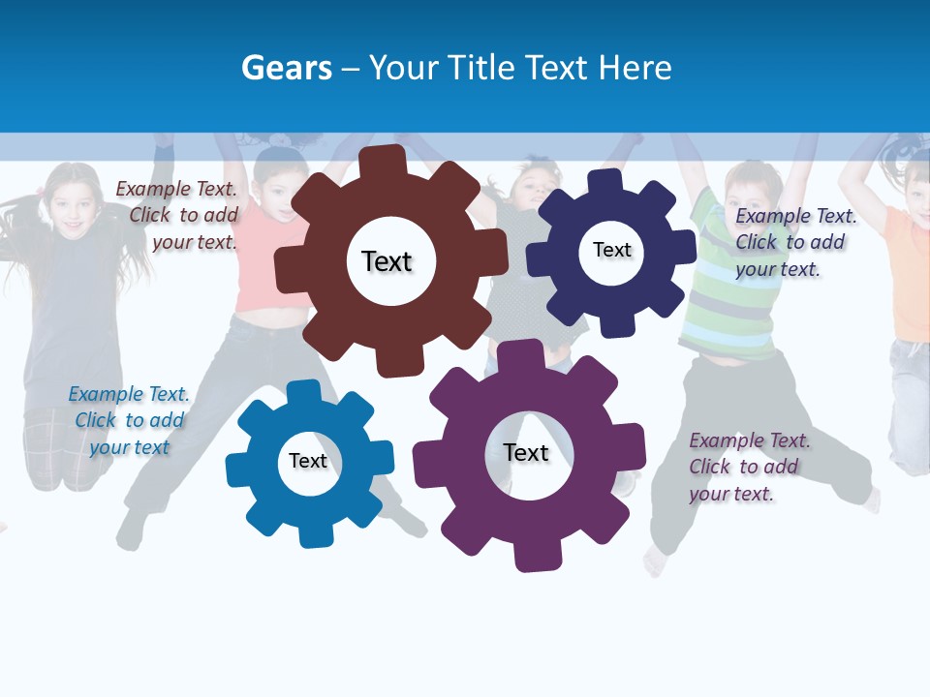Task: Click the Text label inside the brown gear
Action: pos(387,261)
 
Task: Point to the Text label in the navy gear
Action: pos(611,250)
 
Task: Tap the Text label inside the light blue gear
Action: pos(308,461)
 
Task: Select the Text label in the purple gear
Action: pos(526,452)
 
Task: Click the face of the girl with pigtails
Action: pos(73,208)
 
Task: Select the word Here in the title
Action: pos(635,68)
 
